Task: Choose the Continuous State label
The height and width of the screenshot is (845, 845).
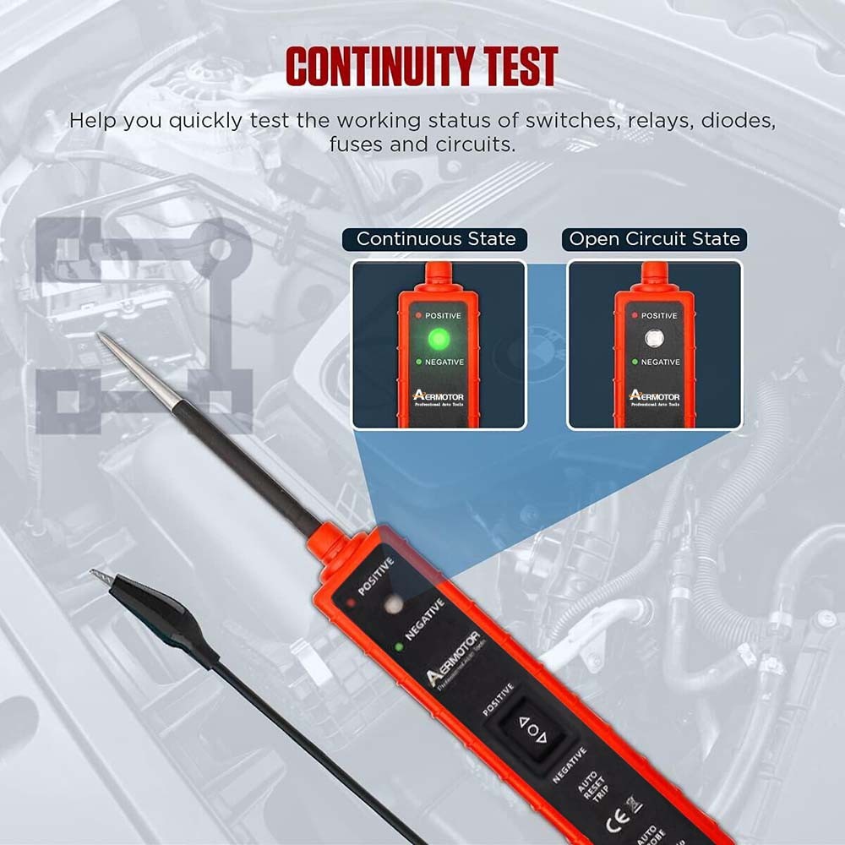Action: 435,239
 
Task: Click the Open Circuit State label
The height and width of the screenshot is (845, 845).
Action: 654,239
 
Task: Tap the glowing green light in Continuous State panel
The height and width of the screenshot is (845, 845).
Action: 439,340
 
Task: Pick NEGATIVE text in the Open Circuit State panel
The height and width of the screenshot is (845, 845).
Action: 660,362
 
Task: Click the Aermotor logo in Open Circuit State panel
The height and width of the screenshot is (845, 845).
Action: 653,395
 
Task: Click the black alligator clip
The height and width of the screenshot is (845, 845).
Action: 161,609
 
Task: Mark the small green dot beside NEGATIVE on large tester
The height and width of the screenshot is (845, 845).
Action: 398,647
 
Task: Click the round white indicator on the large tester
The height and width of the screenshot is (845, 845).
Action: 390,605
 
